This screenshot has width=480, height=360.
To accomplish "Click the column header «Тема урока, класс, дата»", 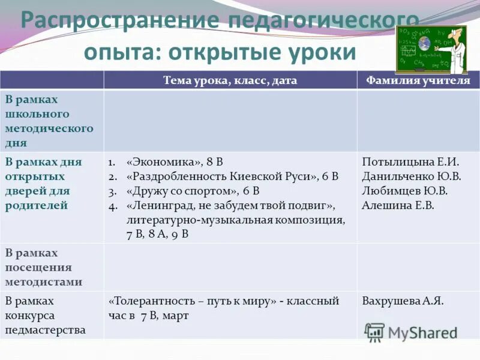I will (x=230, y=80).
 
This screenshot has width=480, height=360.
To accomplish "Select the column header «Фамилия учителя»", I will (x=418, y=80).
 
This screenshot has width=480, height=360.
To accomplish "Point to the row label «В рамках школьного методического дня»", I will (x=49, y=121).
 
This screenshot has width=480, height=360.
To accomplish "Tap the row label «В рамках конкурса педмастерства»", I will (x=46, y=315).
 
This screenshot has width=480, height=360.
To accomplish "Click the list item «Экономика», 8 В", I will (x=175, y=162).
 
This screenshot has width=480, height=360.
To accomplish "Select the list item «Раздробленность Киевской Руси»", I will (x=232, y=176).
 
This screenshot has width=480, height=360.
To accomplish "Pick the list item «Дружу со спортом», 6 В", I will (x=192, y=191).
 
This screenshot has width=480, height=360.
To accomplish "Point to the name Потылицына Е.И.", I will (x=411, y=162).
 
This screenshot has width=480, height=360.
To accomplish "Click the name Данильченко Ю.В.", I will (x=412, y=176).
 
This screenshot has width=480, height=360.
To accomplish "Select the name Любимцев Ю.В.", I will (x=404, y=191).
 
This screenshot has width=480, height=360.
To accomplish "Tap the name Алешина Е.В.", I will (x=398, y=205).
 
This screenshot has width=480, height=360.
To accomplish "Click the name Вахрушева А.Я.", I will (x=403, y=301).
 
